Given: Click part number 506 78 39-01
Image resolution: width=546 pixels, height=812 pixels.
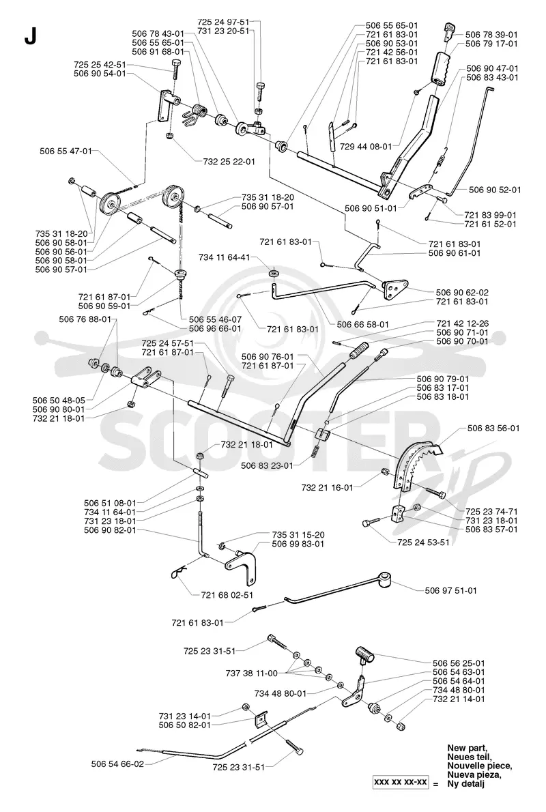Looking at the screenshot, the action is pyautogui.click(x=491, y=35).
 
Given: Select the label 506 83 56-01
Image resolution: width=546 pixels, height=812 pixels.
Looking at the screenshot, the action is pyautogui.click(x=493, y=429).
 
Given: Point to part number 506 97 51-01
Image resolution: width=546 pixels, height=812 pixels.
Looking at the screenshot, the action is pyautogui.click(x=450, y=590).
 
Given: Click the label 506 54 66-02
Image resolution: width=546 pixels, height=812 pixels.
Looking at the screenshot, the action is pyautogui.click(x=117, y=764).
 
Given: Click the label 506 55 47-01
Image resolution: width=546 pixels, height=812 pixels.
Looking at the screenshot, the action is pyautogui.click(x=66, y=151).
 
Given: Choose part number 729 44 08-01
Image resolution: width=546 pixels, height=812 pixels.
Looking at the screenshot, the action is pyautogui.click(x=367, y=147).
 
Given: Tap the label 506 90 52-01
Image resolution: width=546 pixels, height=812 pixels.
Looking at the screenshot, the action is pyautogui.click(x=495, y=190).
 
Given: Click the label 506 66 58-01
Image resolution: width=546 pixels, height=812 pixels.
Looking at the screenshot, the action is pyautogui.click(x=362, y=324).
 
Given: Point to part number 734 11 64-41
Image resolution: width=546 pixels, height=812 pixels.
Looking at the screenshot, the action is pyautogui.click(x=225, y=257).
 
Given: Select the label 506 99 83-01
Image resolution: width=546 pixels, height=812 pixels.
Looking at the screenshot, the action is pyautogui.click(x=298, y=544).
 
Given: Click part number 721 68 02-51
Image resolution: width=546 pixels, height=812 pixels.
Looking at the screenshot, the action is pyautogui.click(x=227, y=595).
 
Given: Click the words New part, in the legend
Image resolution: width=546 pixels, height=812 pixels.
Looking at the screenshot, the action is pyautogui.click(x=466, y=748).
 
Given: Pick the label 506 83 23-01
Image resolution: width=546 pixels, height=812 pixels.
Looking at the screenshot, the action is pyautogui.click(x=267, y=465).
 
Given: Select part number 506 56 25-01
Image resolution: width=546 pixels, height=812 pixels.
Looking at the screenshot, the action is pyautogui.click(x=459, y=663).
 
